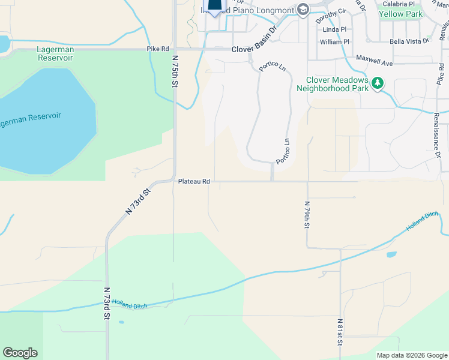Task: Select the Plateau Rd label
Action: [x=193, y=181]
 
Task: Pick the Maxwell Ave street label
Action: [x=374, y=61]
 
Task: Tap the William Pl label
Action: [x=334, y=42]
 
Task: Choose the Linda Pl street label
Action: [x=334, y=29]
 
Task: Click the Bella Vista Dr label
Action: [x=409, y=41]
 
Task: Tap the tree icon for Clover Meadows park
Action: [x=378, y=83]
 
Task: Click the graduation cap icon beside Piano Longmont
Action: [x=303, y=9]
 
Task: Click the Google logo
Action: [x=20, y=353]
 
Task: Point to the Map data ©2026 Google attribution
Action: [x=412, y=355]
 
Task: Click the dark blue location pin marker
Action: [x=214, y=6]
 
